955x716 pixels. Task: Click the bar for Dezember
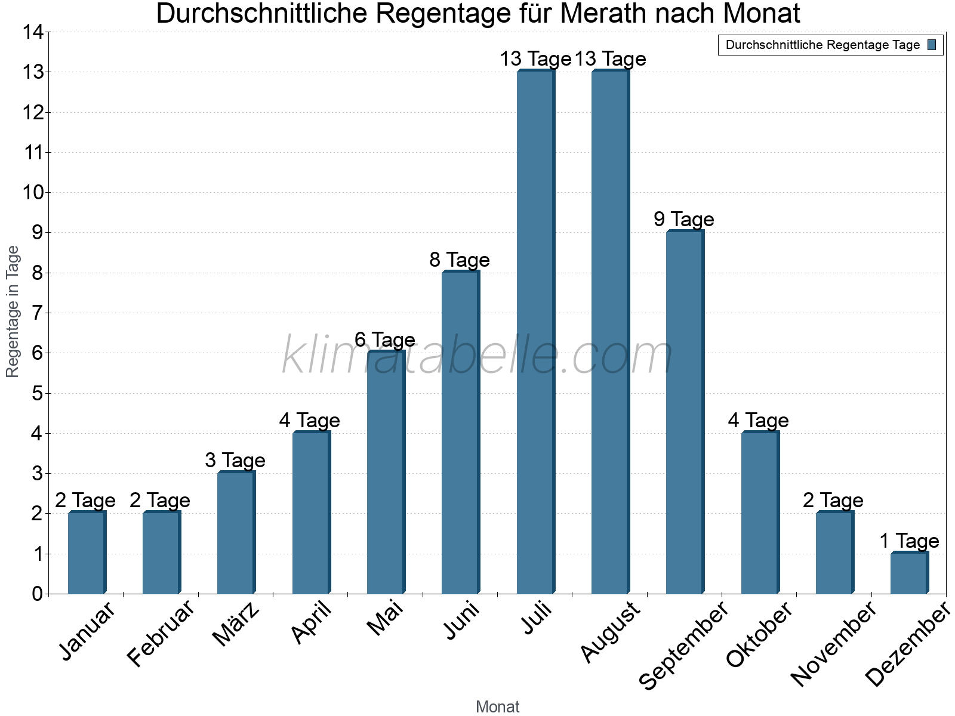909,573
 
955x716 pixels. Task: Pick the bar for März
236,532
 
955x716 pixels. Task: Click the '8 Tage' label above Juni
460,260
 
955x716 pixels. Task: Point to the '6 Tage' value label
385,340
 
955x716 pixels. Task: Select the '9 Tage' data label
684,220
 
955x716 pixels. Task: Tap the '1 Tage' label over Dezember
909,541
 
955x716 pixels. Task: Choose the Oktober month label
759,634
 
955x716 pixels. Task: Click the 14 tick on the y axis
33,32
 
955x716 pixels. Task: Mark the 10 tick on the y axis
33,193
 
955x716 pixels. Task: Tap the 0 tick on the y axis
38,594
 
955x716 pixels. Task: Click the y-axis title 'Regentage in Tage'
13,311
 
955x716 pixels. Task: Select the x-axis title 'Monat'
497,706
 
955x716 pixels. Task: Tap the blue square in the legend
932,45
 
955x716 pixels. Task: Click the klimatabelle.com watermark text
478,356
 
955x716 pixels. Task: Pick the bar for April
311,513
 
